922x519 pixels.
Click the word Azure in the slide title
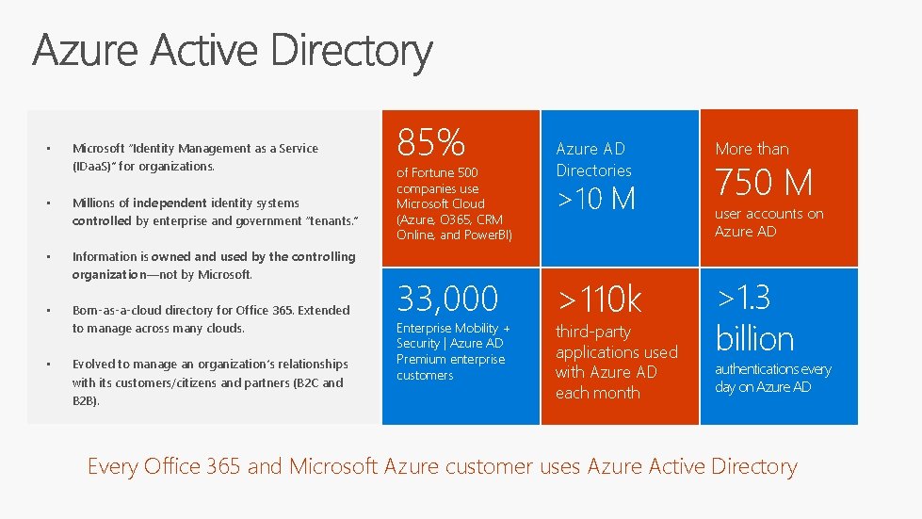[x=82, y=50]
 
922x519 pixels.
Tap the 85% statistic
[x=431, y=142]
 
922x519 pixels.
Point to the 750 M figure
[x=764, y=182]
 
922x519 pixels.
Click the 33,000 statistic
[x=447, y=299]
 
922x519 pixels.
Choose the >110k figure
[x=599, y=300]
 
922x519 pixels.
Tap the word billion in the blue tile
[x=754, y=338]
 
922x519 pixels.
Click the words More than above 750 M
[x=752, y=149]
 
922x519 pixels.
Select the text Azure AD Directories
[x=593, y=159]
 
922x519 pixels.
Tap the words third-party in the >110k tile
[x=592, y=332]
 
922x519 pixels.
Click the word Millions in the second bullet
[x=93, y=203]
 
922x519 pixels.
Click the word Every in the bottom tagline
[x=112, y=466]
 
